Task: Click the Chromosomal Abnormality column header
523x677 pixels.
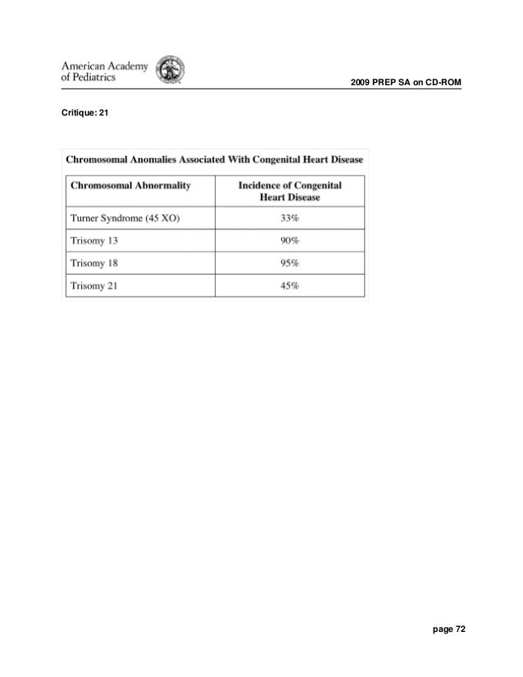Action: (x=131, y=186)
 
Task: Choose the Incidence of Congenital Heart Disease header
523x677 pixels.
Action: (x=289, y=192)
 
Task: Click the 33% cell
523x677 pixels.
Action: (x=289, y=219)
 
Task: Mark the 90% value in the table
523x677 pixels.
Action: (x=289, y=241)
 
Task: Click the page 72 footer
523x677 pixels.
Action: (x=448, y=629)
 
